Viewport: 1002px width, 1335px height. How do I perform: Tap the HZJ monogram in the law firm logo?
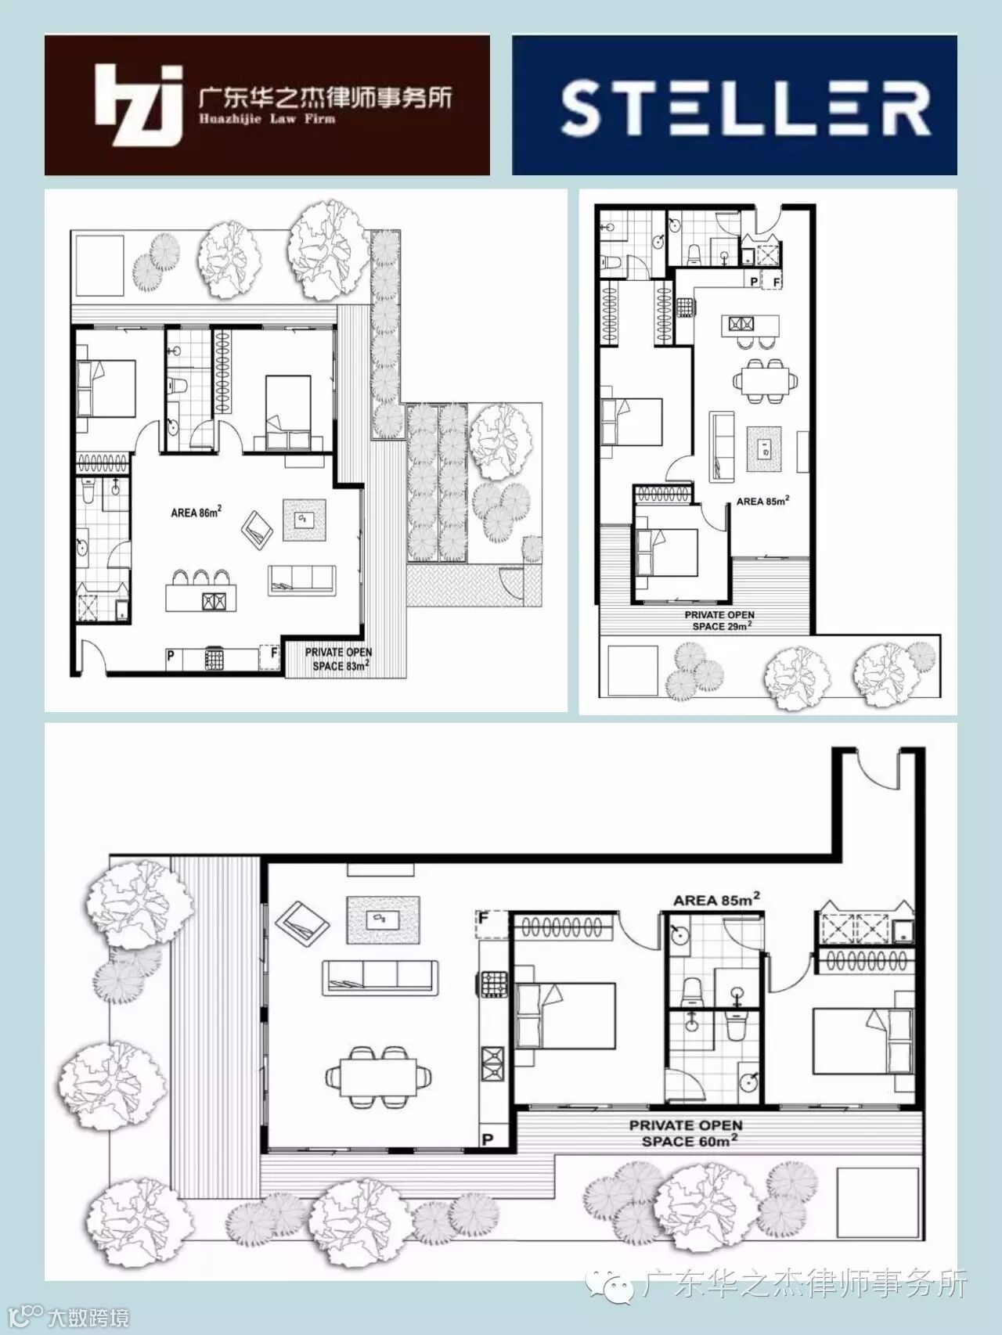click(139, 104)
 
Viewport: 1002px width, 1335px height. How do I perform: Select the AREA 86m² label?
click(196, 513)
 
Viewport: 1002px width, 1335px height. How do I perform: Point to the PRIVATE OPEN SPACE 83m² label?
click(337, 659)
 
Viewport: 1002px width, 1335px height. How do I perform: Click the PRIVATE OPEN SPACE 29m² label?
click(719, 621)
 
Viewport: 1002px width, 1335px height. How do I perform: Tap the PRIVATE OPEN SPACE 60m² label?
click(686, 1133)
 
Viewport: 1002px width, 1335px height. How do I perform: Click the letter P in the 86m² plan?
click(171, 657)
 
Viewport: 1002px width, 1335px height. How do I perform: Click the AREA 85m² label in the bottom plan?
click(717, 900)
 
